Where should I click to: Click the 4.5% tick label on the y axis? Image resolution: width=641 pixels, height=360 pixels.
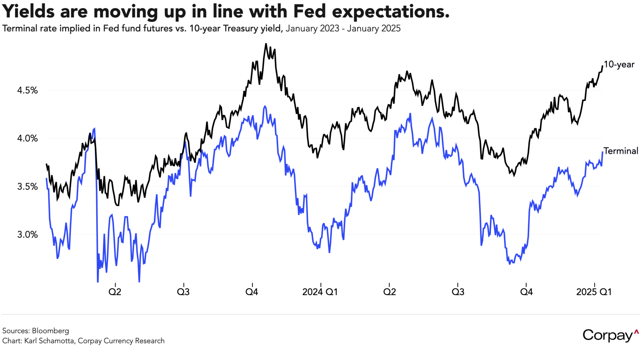tap(27, 90)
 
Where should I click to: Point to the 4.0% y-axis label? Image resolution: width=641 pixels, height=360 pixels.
tap(27, 139)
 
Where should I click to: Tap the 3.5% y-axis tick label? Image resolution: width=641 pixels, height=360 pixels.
tap(27, 186)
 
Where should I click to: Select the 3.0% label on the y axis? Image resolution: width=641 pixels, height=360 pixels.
tap(27, 235)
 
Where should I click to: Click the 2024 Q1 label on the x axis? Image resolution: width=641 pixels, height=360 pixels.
tap(320, 292)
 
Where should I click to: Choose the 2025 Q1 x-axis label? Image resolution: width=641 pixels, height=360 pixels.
tap(594, 292)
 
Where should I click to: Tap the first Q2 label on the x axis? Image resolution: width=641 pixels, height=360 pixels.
tap(115, 292)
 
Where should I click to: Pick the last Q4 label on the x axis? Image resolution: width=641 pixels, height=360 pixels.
tap(526, 292)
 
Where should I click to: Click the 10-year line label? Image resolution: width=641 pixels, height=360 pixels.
tap(619, 64)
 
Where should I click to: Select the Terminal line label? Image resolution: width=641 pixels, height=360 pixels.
tap(621, 151)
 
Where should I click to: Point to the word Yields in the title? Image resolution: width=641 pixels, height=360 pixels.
tap(29, 12)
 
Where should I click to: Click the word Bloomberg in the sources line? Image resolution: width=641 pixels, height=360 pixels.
tap(50, 330)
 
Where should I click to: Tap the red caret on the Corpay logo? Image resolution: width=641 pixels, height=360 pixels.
tap(636, 331)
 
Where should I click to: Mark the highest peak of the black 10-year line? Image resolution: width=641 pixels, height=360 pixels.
tap(266, 44)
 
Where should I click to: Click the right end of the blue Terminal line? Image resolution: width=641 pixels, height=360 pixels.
tap(602, 152)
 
